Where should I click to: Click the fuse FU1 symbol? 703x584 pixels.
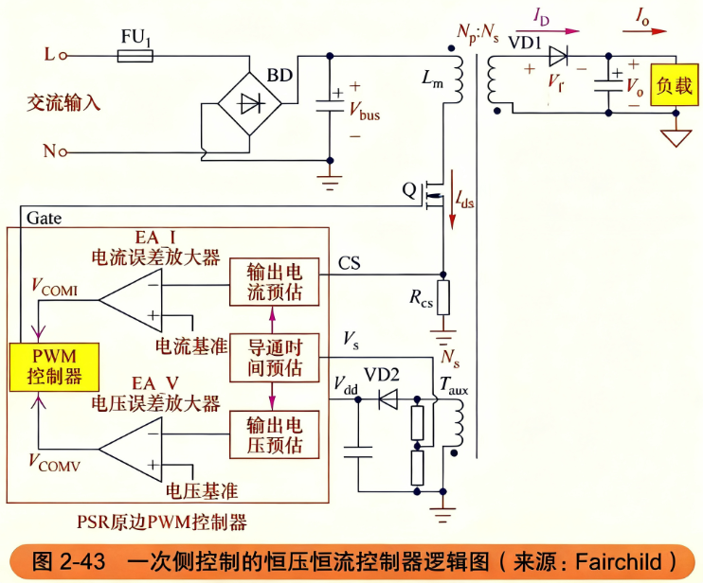tap(135, 56)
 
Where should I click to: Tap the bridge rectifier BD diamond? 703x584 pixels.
tap(250, 103)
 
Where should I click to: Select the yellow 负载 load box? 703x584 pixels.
tap(675, 84)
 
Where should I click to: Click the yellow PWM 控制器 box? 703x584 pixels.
tap(54, 367)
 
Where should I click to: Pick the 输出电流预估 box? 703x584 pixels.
tap(275, 282)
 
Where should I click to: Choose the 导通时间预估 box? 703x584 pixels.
tap(275, 358)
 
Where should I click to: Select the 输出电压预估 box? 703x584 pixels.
tap(275, 434)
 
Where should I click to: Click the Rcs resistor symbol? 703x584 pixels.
tap(443, 298)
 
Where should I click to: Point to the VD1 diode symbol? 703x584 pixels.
tap(558, 56)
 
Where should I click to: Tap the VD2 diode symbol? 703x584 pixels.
tap(388, 398)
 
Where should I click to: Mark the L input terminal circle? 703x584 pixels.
tap(63, 56)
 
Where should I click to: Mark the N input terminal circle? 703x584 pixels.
tap(63, 152)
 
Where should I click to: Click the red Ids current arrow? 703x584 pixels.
tap(452, 200)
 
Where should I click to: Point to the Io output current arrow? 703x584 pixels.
tap(644, 31)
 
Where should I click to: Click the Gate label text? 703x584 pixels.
tap(44, 218)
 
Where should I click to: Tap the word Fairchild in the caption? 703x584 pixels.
tap(619, 561)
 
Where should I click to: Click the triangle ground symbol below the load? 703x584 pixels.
tap(676, 137)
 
